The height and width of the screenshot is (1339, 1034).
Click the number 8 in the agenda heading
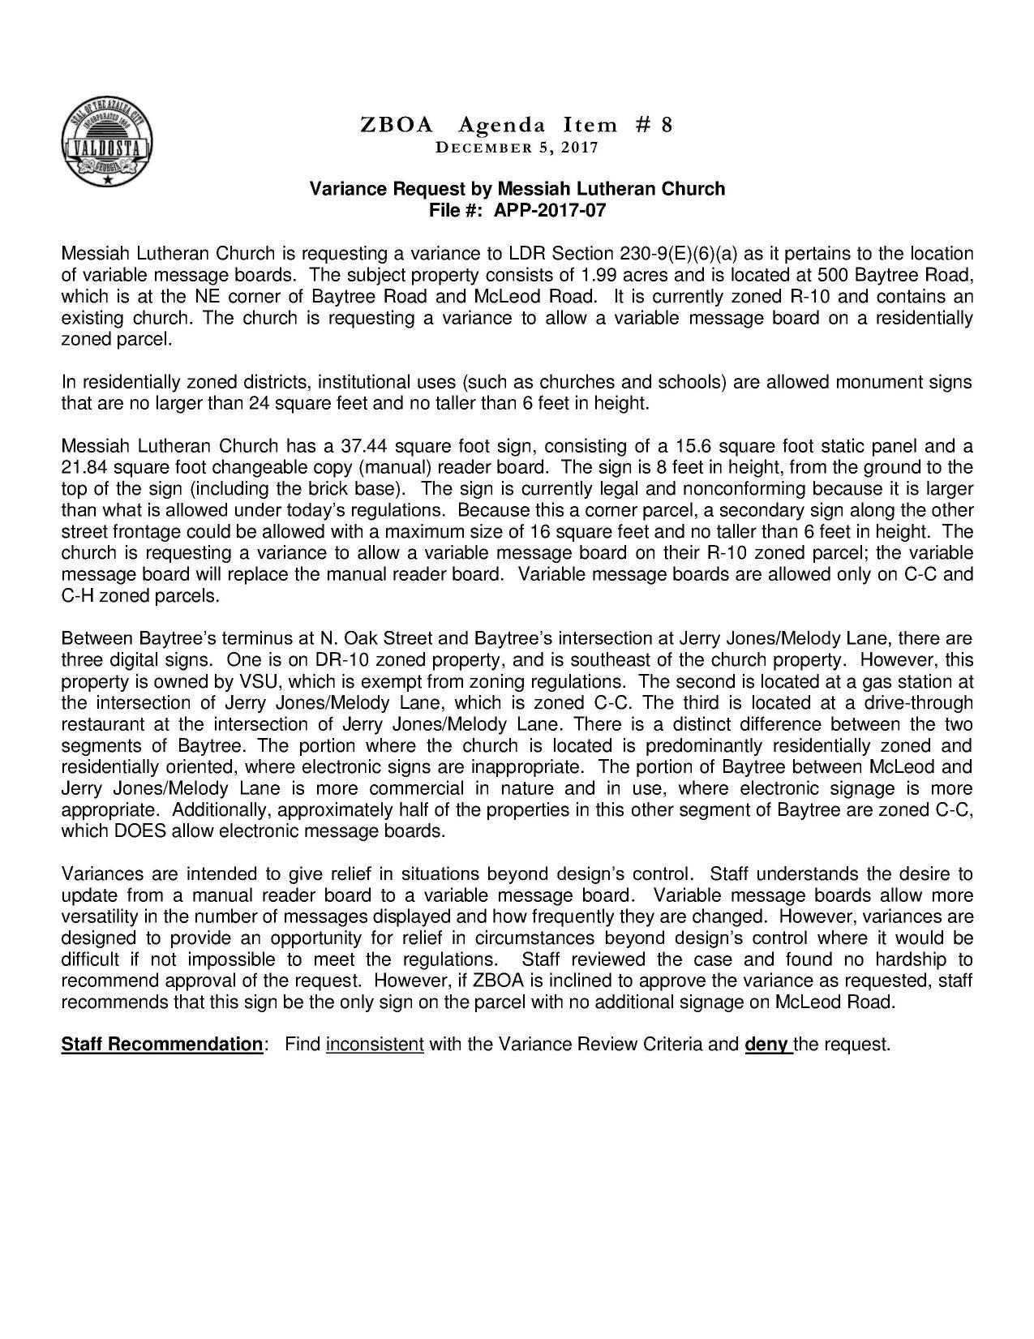666,125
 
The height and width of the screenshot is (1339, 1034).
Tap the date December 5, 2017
517,148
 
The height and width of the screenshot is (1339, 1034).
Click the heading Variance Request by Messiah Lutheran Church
517,189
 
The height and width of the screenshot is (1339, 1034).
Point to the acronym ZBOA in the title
397,125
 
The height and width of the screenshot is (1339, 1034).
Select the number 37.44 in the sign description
362,446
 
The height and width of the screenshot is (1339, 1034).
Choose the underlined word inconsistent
375,1045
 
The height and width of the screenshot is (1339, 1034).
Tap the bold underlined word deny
766,1045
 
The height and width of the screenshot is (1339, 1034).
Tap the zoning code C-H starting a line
78,596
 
